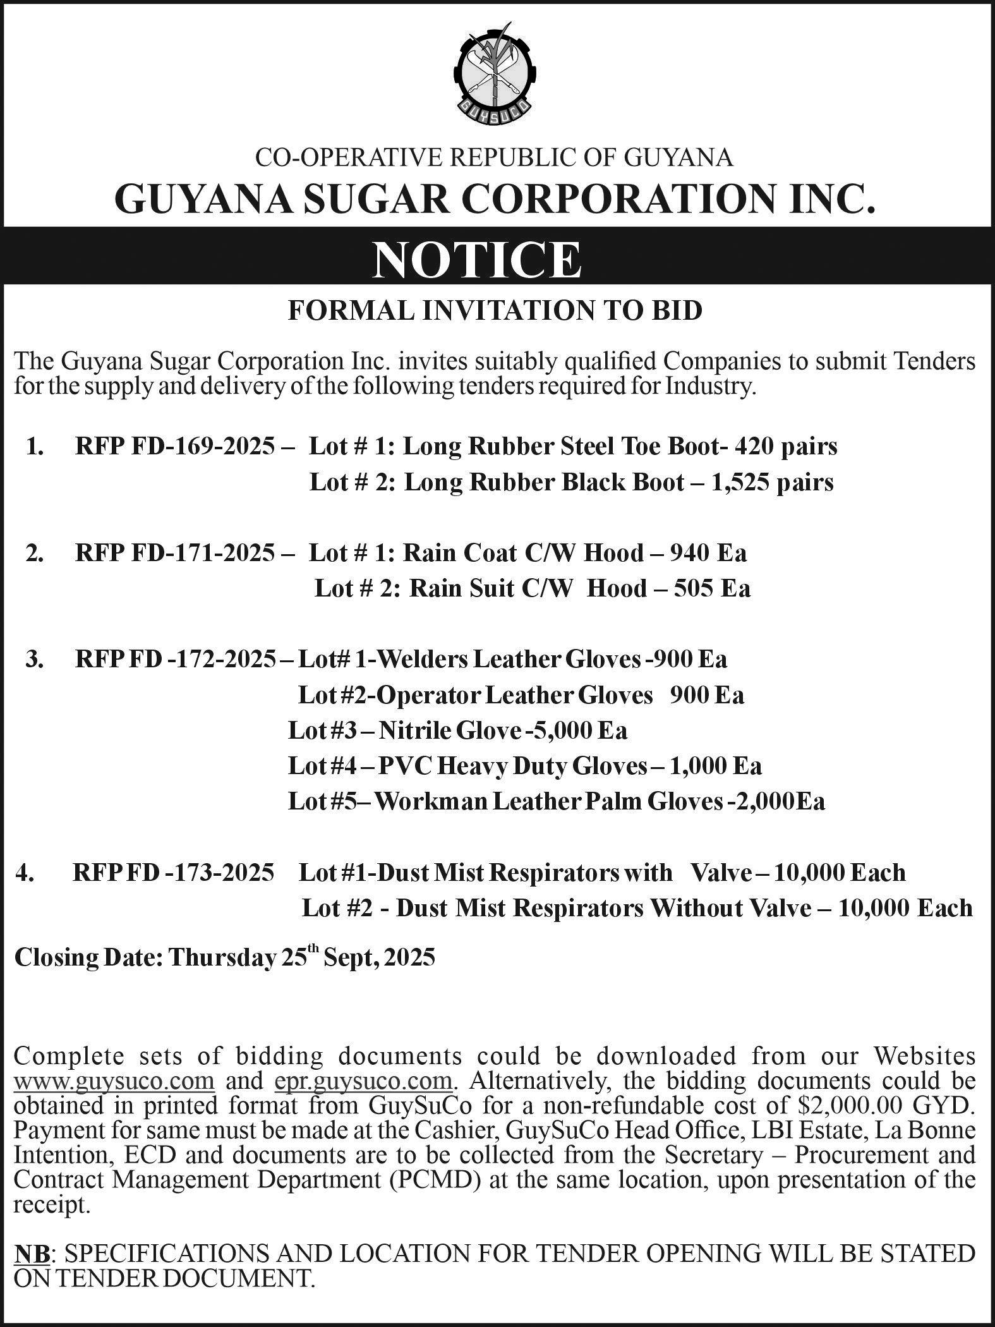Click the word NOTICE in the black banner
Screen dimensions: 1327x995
click(x=476, y=260)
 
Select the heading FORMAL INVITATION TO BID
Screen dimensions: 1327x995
click(x=495, y=311)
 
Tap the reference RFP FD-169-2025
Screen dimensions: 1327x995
click(x=176, y=447)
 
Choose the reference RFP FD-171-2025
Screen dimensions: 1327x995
click(x=176, y=553)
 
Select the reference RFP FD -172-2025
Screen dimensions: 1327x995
click(x=176, y=659)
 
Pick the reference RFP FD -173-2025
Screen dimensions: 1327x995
click(x=174, y=873)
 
